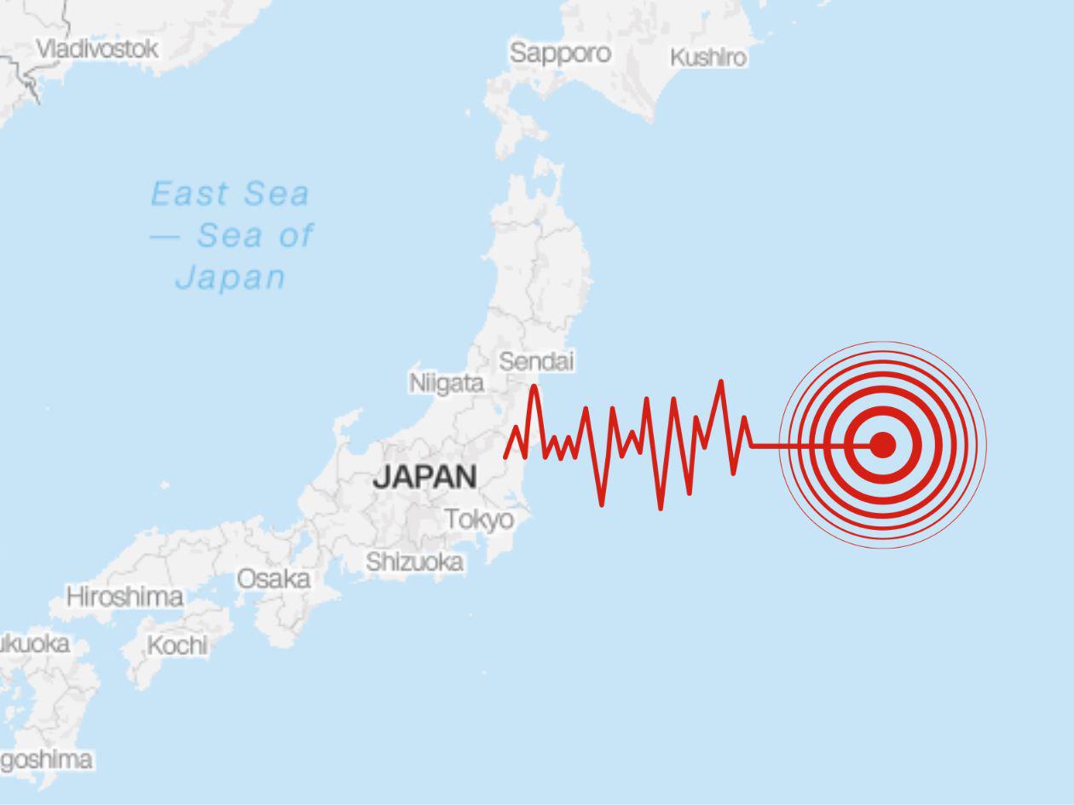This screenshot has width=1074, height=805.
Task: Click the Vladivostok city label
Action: [x=96, y=49]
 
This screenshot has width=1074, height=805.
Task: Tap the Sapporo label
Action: [x=560, y=53]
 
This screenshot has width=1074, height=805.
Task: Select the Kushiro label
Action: [x=707, y=58]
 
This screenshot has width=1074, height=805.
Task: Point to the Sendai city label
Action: [x=536, y=361]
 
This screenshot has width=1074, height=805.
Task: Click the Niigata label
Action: [x=447, y=383]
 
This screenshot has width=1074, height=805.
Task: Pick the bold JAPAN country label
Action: [x=424, y=477]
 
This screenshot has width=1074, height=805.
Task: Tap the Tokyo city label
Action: [x=479, y=519]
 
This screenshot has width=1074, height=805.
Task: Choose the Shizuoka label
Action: [x=415, y=562]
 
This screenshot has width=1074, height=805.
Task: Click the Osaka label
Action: [x=273, y=579]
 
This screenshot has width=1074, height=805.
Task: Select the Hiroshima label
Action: [x=124, y=597]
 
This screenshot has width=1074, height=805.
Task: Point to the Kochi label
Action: [x=177, y=646]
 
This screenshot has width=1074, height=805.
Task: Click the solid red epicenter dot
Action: [x=882, y=444]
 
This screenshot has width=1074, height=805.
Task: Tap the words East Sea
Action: [x=229, y=194]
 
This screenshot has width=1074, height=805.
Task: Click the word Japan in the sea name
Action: [x=230, y=278]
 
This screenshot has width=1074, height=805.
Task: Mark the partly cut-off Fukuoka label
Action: [x=34, y=644]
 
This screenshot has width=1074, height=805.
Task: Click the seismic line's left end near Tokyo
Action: [x=506, y=457]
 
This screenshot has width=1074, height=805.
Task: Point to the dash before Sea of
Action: [x=165, y=236]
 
